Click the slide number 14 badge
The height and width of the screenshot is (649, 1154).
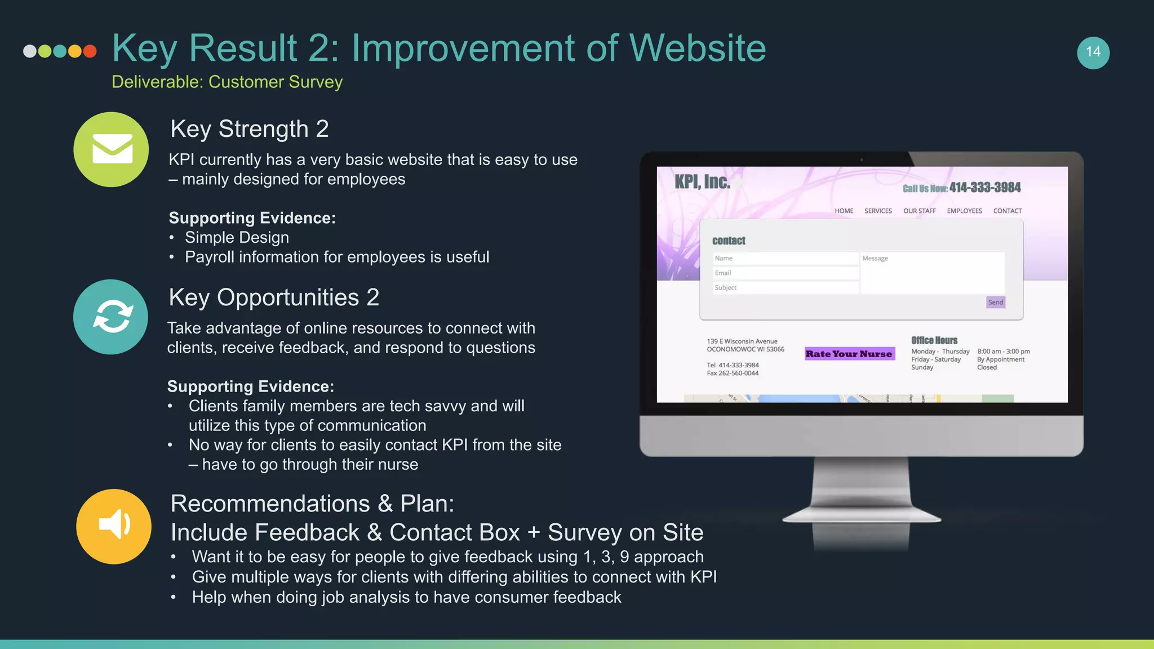point(1093,52)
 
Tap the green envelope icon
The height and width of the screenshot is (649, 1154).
point(112,149)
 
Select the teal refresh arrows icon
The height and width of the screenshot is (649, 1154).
point(111,317)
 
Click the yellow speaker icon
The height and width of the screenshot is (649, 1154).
point(114,526)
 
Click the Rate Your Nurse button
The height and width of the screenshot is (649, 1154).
point(849,354)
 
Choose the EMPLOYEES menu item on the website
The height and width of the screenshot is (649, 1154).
point(964,211)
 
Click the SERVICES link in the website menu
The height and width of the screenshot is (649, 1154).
point(878,211)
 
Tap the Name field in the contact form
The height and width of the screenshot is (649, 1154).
point(785,259)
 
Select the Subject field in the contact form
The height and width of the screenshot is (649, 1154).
point(785,288)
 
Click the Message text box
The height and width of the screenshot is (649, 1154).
point(932,273)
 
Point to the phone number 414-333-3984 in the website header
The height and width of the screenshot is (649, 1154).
point(984,188)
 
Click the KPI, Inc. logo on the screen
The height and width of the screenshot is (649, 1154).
point(702,182)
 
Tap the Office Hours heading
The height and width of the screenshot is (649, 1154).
point(934,340)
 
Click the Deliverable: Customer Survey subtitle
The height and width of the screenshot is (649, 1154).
point(227,82)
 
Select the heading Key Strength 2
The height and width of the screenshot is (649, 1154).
point(250,129)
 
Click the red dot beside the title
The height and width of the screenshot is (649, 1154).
point(90,51)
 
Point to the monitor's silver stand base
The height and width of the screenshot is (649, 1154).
point(862,516)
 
